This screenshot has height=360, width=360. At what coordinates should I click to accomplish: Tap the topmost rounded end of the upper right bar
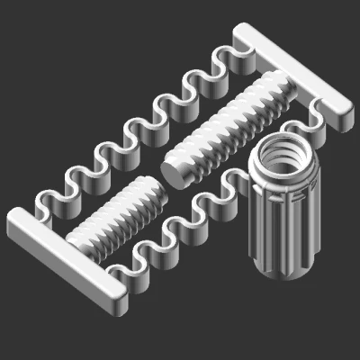[243, 33]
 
